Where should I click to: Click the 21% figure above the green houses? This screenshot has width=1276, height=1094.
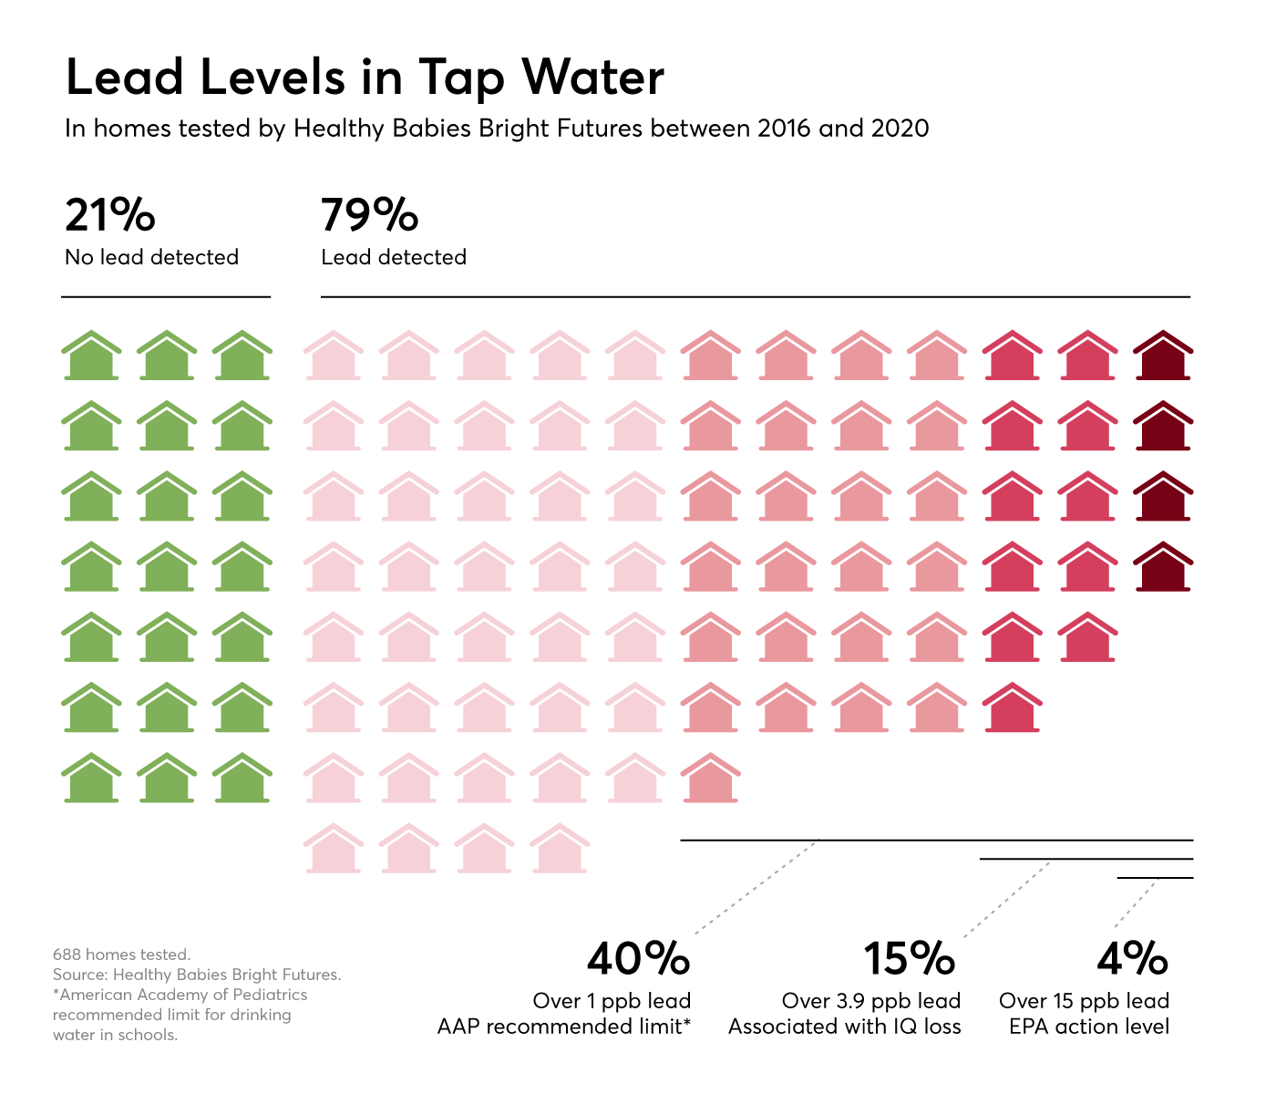(110, 216)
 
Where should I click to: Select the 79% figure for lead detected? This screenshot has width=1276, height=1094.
(369, 216)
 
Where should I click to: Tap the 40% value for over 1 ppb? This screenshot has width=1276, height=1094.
(638, 959)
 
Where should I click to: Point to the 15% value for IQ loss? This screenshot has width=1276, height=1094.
(909, 959)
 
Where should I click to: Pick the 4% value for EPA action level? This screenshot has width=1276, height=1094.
(1132, 959)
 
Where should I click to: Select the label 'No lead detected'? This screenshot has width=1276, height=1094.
(152, 258)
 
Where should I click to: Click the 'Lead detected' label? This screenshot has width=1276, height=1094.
(394, 258)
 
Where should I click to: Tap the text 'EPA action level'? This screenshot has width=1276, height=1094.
(1089, 1027)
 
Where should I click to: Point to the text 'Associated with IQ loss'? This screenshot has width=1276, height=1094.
(845, 1027)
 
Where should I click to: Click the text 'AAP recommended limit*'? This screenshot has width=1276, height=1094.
(564, 1027)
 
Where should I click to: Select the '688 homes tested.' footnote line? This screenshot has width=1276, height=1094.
(121, 955)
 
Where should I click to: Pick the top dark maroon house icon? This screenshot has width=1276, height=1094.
(1163, 356)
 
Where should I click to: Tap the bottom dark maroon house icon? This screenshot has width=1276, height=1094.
(1163, 567)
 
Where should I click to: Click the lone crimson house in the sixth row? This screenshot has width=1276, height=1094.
(1012, 707)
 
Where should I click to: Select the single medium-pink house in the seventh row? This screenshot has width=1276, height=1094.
(710, 779)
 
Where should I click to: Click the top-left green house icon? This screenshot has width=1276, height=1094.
(91, 356)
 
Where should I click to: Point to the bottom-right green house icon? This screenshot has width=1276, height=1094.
(242, 779)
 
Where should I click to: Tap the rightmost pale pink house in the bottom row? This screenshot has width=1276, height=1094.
(559, 849)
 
